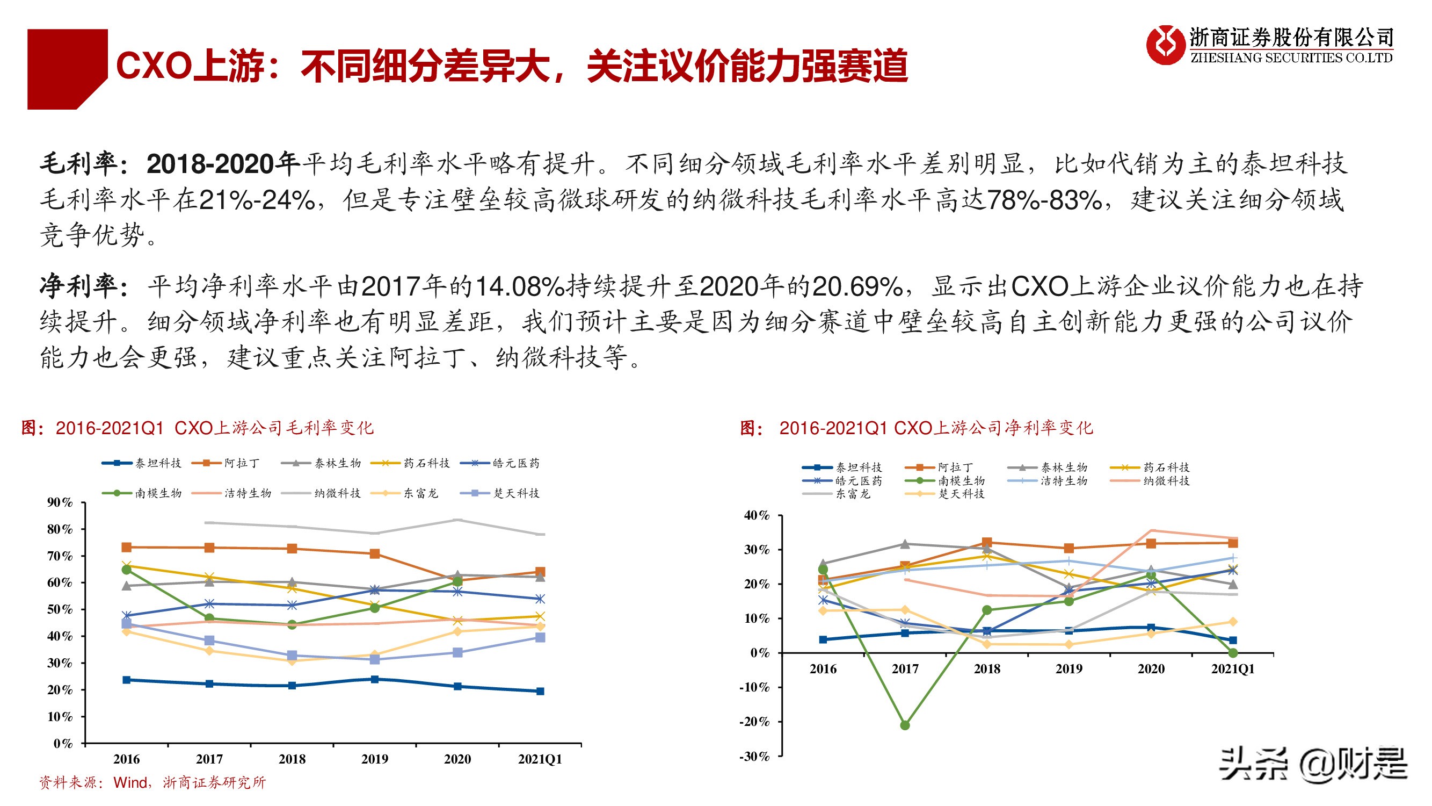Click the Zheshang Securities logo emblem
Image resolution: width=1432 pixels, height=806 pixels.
[x=1166, y=45]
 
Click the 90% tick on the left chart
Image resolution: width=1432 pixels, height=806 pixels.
[x=60, y=502]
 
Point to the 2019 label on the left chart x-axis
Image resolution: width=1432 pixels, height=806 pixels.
[x=374, y=759]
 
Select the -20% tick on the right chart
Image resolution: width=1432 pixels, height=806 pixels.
[x=754, y=722]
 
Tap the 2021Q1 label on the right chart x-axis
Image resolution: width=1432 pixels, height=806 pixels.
[x=1232, y=669]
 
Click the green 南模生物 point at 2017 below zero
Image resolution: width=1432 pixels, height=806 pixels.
[x=904, y=725]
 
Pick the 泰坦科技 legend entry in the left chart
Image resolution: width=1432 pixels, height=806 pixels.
[x=142, y=463]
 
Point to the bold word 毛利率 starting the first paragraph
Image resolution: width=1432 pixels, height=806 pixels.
[x=78, y=163]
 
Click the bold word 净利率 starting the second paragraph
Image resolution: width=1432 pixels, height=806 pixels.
[x=78, y=286]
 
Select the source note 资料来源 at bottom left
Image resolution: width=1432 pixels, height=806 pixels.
[x=152, y=783]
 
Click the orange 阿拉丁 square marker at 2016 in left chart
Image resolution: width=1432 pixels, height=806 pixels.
[x=127, y=548]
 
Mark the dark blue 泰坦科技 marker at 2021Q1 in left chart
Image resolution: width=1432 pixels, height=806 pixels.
[x=540, y=692]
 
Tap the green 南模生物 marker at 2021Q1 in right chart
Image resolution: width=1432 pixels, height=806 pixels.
[x=1232, y=653]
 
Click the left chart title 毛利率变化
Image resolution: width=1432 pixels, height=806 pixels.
[x=198, y=428]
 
